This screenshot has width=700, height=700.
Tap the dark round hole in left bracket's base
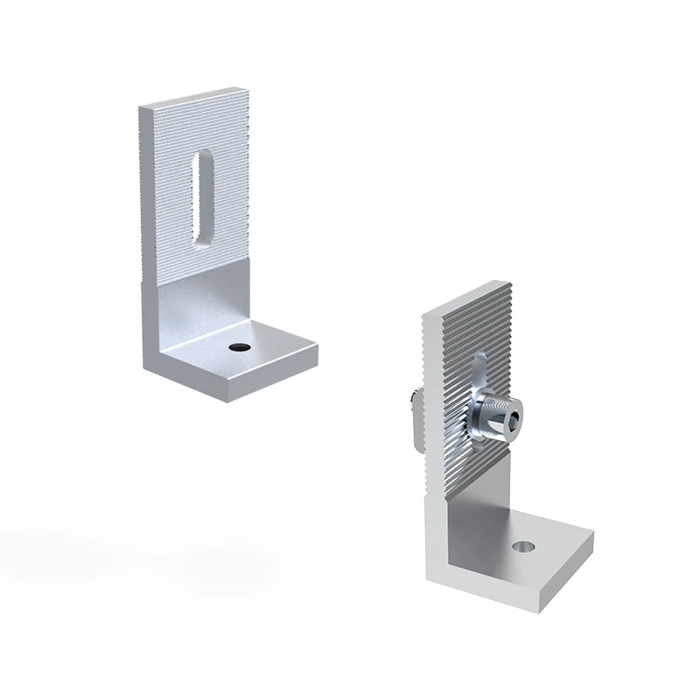point(235,347)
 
